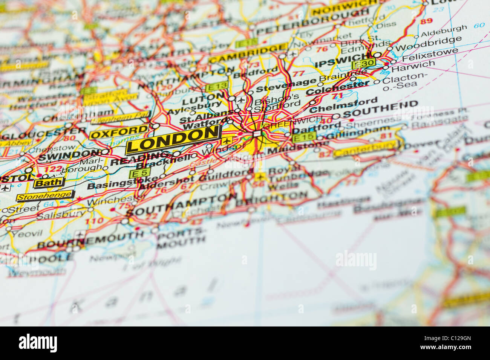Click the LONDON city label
click(x=173, y=139)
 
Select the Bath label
click(x=48, y=183)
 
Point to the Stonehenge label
click(x=44, y=196)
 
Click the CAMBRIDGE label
click(x=248, y=54)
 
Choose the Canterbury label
click(x=364, y=149)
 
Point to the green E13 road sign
click(x=216, y=86)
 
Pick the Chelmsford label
click(x=343, y=105)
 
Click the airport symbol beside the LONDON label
click(x=226, y=141)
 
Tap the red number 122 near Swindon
click(x=53, y=169)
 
